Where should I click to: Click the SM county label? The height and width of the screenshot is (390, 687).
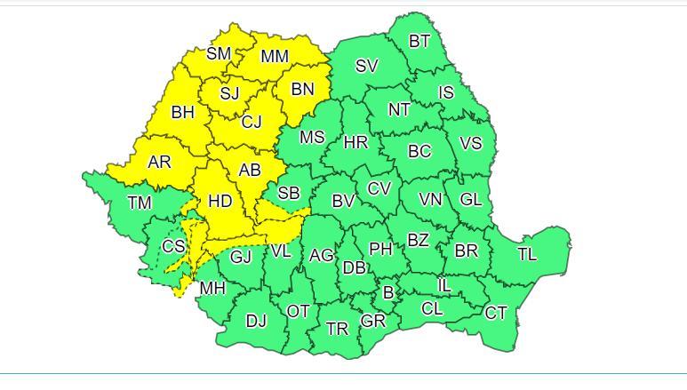tap(219, 53)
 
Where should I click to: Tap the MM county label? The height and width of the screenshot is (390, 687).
tap(275, 57)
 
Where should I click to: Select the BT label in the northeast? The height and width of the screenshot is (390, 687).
tap(419, 41)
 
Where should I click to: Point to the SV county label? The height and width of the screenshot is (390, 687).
tap(367, 66)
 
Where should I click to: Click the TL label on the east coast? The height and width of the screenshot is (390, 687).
tap(527, 254)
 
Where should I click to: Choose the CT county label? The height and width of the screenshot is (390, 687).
tap(496, 313)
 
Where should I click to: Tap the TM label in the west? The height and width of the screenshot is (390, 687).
tap(140, 203)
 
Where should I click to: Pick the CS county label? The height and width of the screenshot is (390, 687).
tap(173, 247)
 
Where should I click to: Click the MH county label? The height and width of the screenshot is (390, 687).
tap(212, 288)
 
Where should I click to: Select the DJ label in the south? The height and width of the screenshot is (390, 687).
tap(256, 321)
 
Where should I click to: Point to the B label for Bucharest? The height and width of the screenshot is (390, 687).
tap(388, 292)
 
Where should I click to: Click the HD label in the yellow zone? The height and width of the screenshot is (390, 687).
tap(220, 202)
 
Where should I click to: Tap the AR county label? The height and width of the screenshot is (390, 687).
tap(159, 163)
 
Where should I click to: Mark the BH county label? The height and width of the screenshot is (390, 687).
tap(182, 113)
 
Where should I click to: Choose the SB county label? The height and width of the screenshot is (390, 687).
tap(289, 194)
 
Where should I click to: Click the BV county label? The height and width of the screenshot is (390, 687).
tap(343, 202)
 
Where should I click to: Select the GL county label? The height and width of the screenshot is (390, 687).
tap(470, 199)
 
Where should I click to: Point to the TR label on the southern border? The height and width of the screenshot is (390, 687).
tap(337, 329)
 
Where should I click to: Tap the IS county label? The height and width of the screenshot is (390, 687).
tap(445, 92)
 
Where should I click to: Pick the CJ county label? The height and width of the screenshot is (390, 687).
tap(252, 123)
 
